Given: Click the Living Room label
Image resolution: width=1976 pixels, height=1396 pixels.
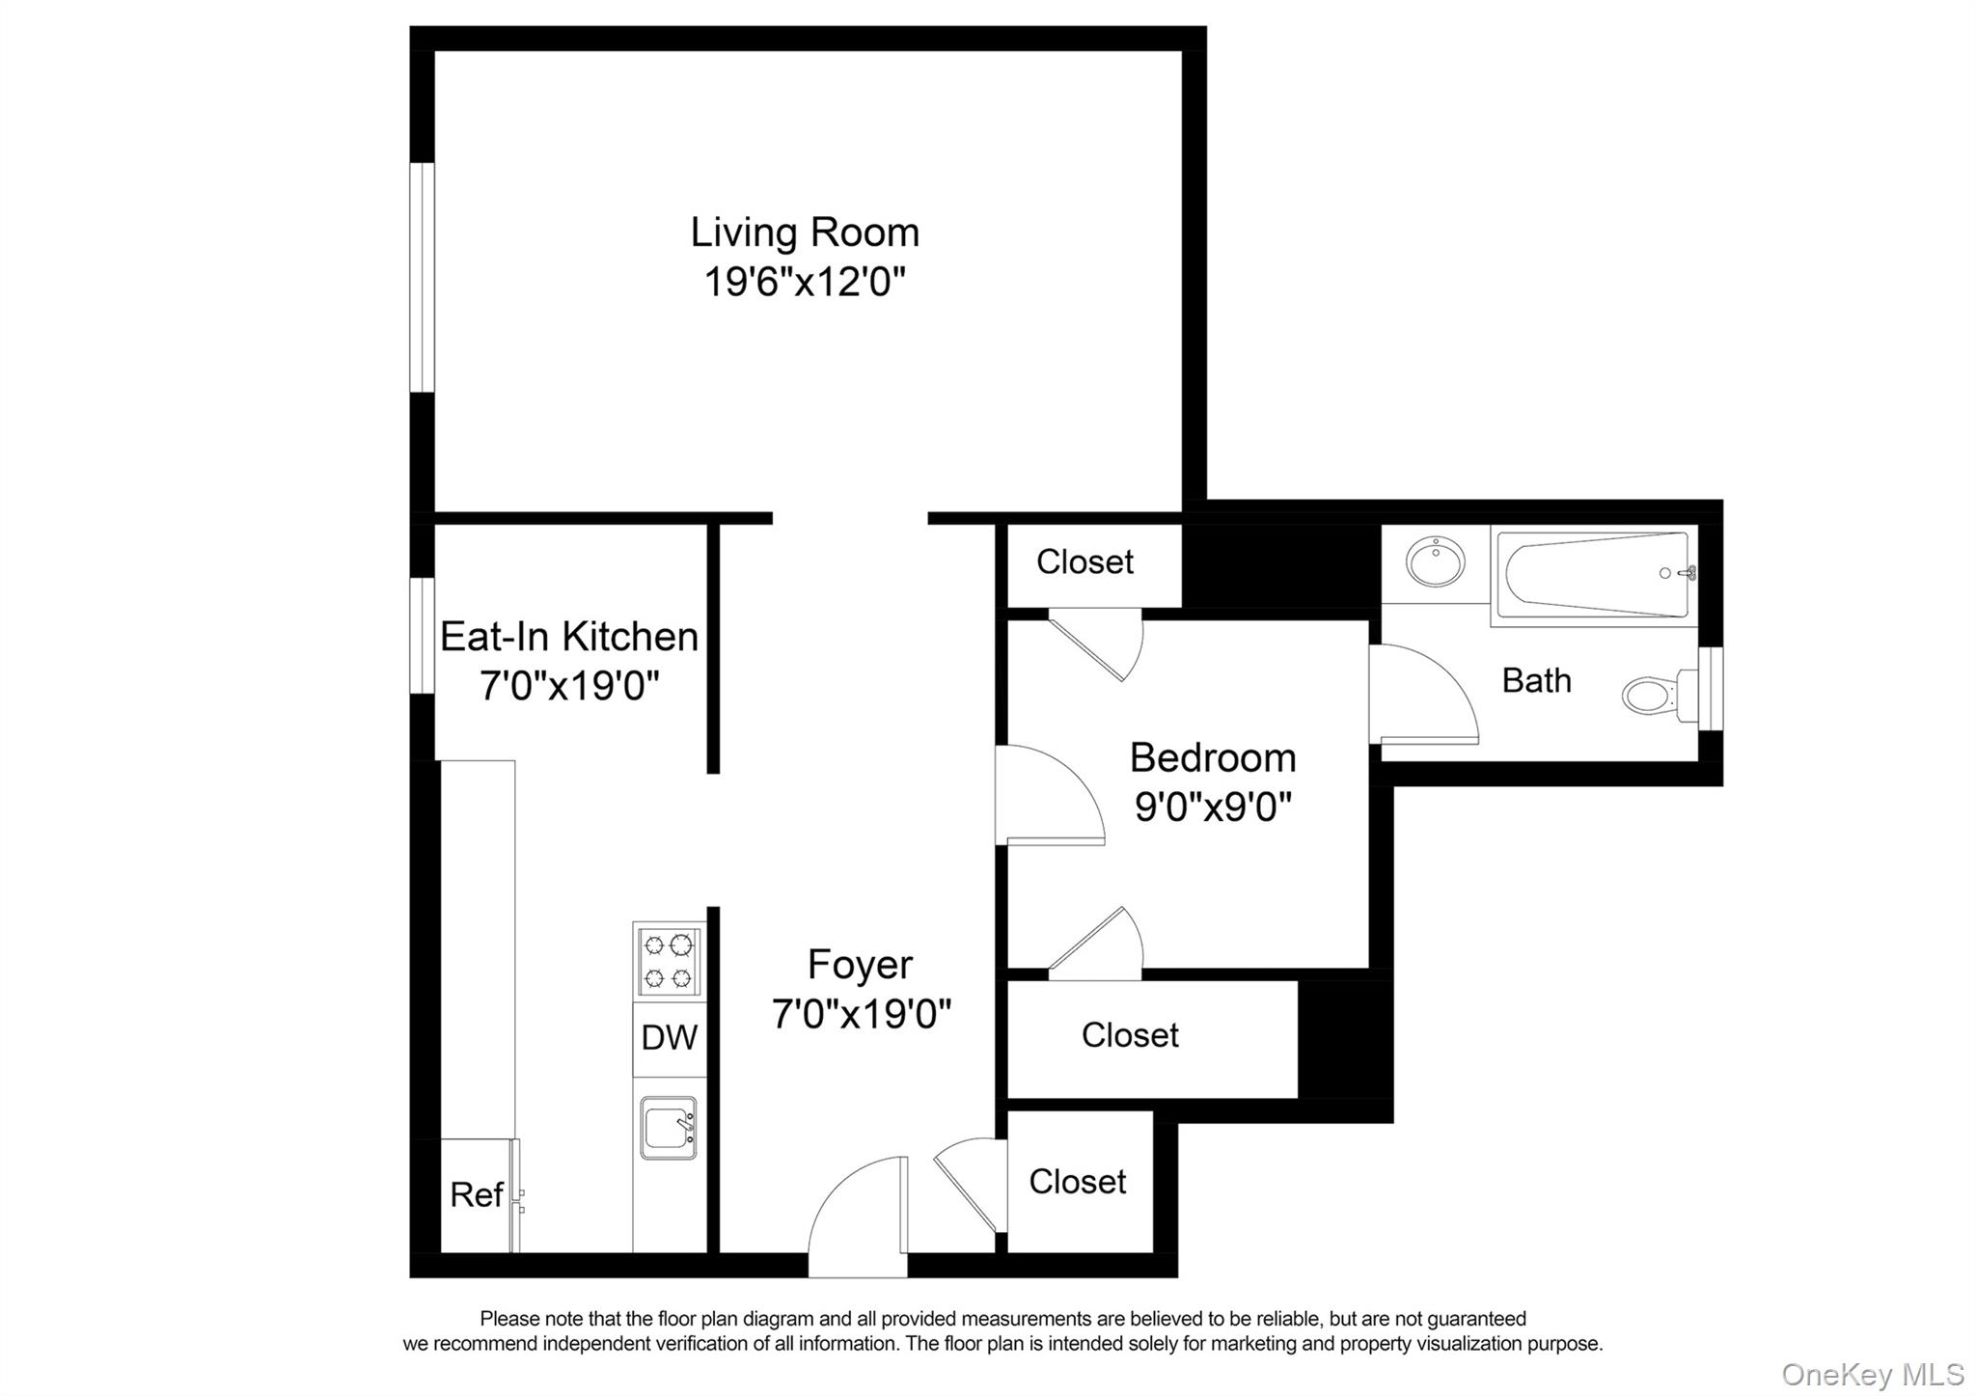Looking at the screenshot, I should point(804,233).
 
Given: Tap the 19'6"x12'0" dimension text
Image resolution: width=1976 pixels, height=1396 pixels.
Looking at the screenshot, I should point(804,283).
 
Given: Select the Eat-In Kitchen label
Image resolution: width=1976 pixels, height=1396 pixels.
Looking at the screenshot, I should point(568,637).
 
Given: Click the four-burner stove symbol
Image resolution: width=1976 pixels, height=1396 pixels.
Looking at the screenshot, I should point(669,961).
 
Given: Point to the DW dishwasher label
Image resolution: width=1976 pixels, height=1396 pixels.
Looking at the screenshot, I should point(669,1038).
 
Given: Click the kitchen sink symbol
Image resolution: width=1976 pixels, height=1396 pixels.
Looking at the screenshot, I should point(668,1128).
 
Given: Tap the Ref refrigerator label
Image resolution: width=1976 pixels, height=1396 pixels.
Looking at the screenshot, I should point(476,1195).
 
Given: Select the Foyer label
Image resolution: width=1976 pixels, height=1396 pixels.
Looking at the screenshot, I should point(860,965).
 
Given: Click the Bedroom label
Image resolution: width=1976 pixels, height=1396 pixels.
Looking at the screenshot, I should point(1212,758).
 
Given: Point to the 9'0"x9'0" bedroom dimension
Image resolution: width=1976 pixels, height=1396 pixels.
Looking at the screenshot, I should point(1212,807).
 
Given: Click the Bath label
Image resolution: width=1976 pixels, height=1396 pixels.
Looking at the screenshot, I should point(1536,681).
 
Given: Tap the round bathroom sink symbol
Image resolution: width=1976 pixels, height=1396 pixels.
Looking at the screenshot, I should point(1435,562).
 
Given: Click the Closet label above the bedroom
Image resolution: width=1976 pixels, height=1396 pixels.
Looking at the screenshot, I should point(1084,561).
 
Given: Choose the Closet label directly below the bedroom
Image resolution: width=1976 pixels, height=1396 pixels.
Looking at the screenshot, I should point(1129,1035).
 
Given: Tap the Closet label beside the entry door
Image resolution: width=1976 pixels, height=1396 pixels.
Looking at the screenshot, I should point(1077,1182).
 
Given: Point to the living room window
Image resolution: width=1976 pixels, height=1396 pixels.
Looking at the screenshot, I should point(422,278).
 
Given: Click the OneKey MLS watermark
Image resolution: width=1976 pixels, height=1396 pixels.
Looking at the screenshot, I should point(1872,1374).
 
